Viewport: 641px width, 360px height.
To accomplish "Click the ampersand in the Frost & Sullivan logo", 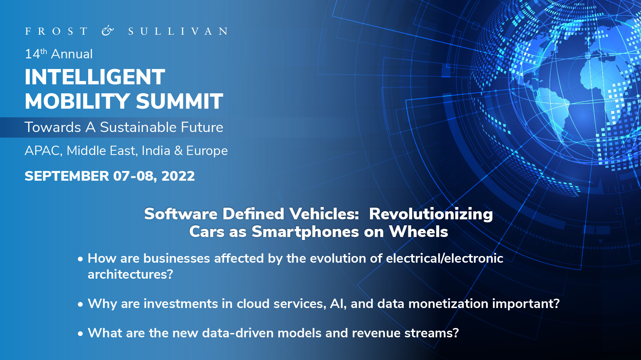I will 108,31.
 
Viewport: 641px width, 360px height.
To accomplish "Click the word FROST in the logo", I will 56,31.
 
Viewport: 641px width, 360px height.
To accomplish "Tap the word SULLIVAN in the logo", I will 178,31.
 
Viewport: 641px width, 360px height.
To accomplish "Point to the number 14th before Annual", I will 36,54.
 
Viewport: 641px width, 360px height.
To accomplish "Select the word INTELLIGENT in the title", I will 95,77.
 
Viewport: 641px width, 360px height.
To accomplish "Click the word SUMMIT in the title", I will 180,101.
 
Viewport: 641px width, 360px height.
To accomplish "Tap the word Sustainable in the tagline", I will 138,127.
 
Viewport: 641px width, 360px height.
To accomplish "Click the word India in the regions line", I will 156,151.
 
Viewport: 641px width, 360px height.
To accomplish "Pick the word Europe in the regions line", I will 207,151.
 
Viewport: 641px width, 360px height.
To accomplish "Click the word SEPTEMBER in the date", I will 67,176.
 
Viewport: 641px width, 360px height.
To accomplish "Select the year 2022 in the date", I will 178,176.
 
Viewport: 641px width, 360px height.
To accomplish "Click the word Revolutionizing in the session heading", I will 431,214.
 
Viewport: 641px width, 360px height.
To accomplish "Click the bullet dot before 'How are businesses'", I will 80,259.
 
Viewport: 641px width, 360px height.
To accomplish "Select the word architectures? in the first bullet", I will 130,274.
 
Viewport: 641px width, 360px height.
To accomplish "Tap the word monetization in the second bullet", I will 448,304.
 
